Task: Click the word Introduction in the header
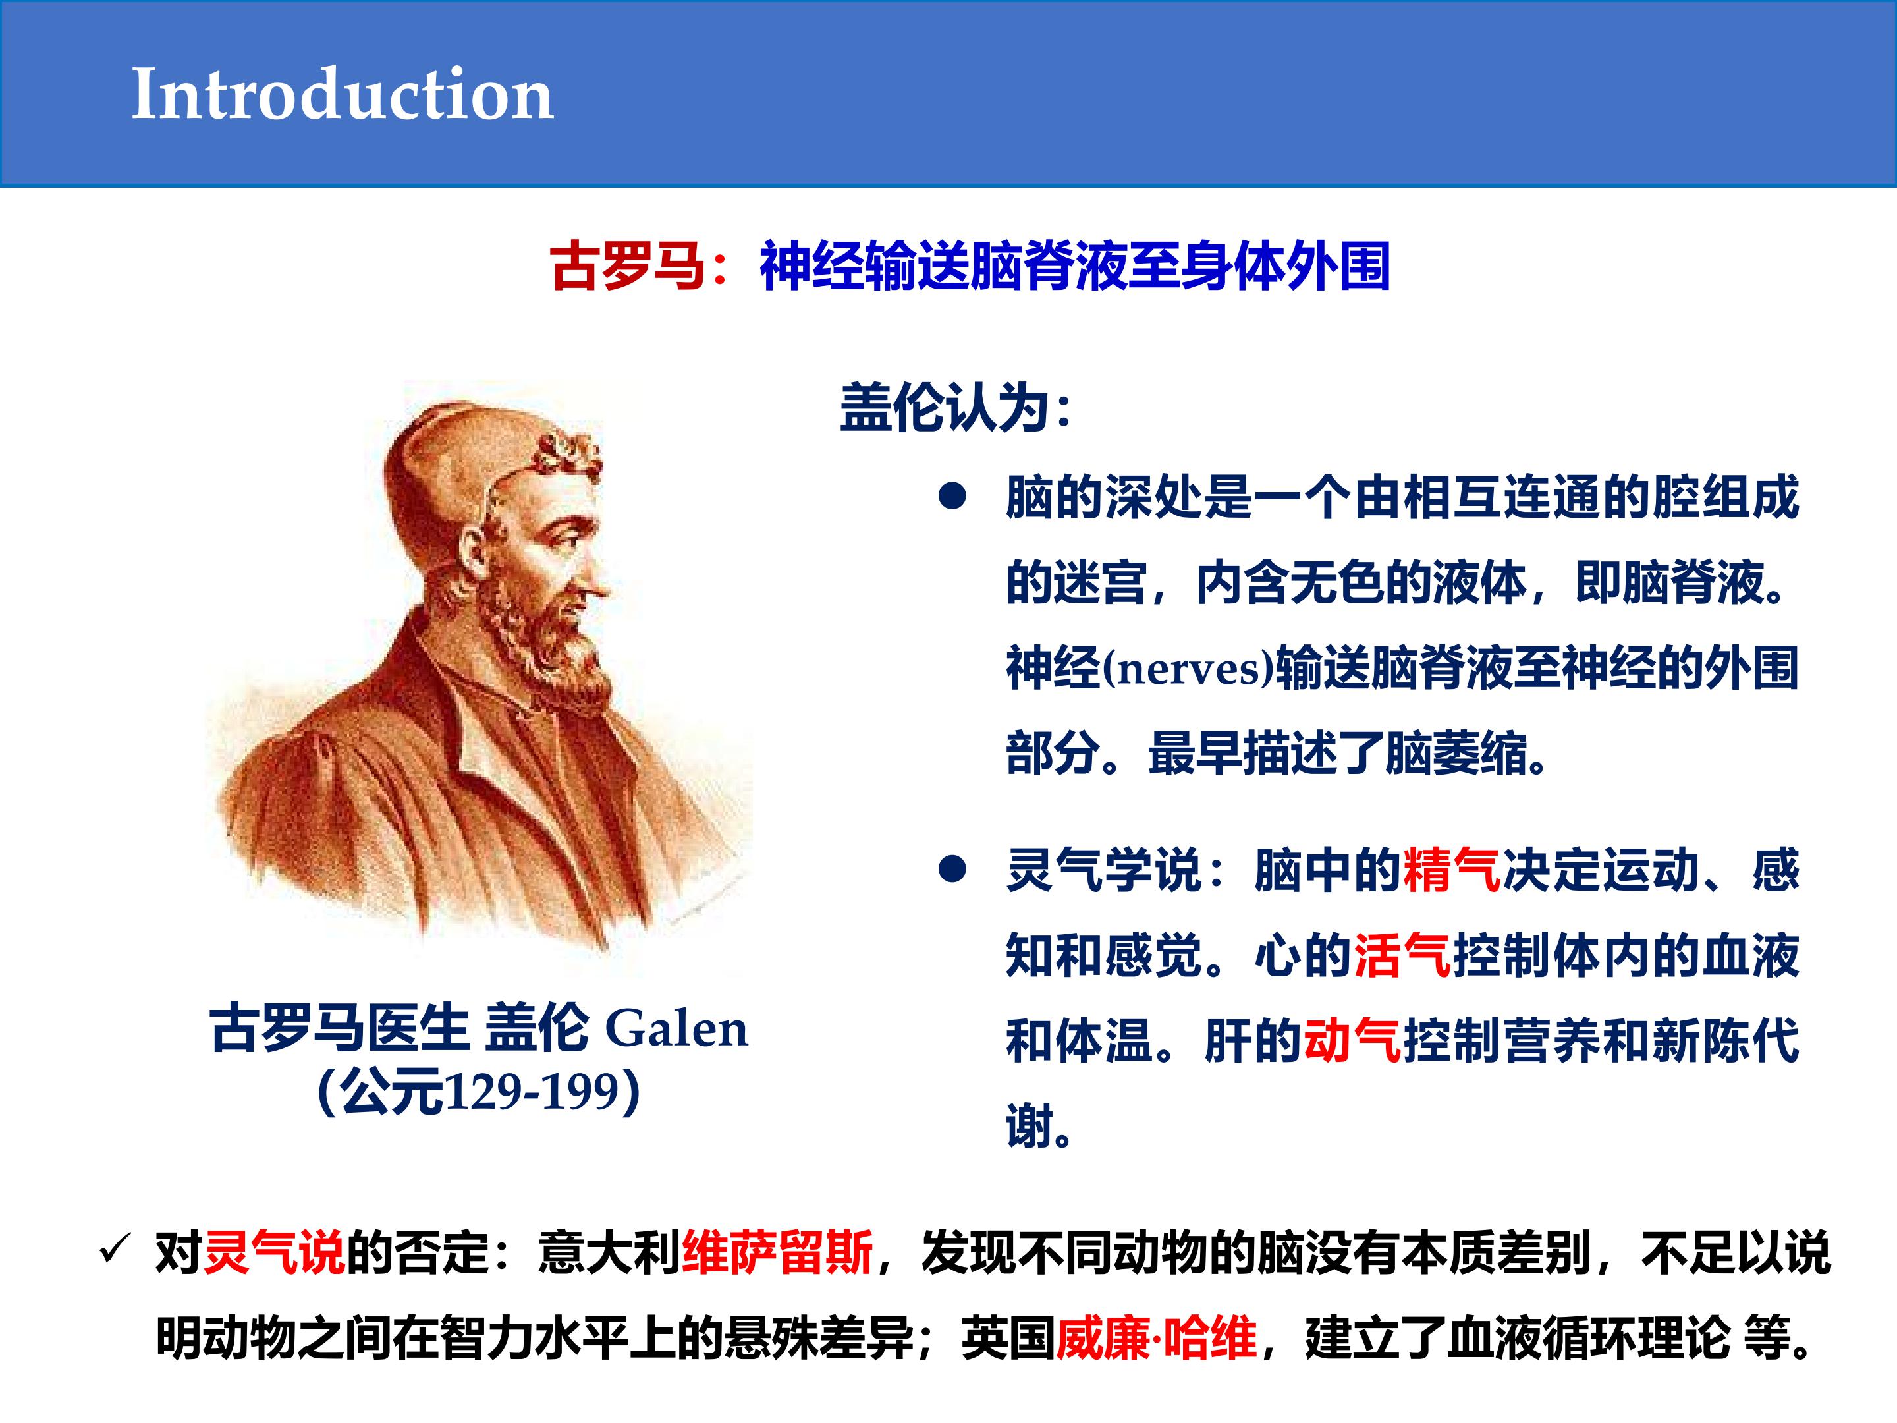(342, 94)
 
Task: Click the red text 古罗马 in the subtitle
(628, 266)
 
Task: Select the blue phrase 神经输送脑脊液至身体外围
(1074, 266)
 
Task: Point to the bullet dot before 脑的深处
(952, 497)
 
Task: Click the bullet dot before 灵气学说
(952, 870)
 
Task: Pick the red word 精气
(1452, 870)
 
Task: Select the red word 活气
(1403, 955)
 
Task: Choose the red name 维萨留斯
(777, 1252)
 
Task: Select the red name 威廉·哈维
(1157, 1337)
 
